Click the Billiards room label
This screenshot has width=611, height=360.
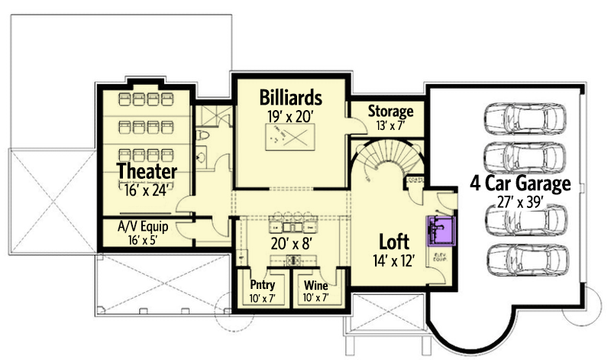[x=289, y=98]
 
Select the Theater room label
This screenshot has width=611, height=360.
[x=147, y=170]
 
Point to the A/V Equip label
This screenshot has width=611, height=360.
[x=143, y=226]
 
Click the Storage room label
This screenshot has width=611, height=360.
[x=390, y=112]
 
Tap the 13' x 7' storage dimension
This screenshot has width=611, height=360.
[x=390, y=126]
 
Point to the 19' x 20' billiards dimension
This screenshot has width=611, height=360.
[x=289, y=117]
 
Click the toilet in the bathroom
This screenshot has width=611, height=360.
[x=202, y=136]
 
